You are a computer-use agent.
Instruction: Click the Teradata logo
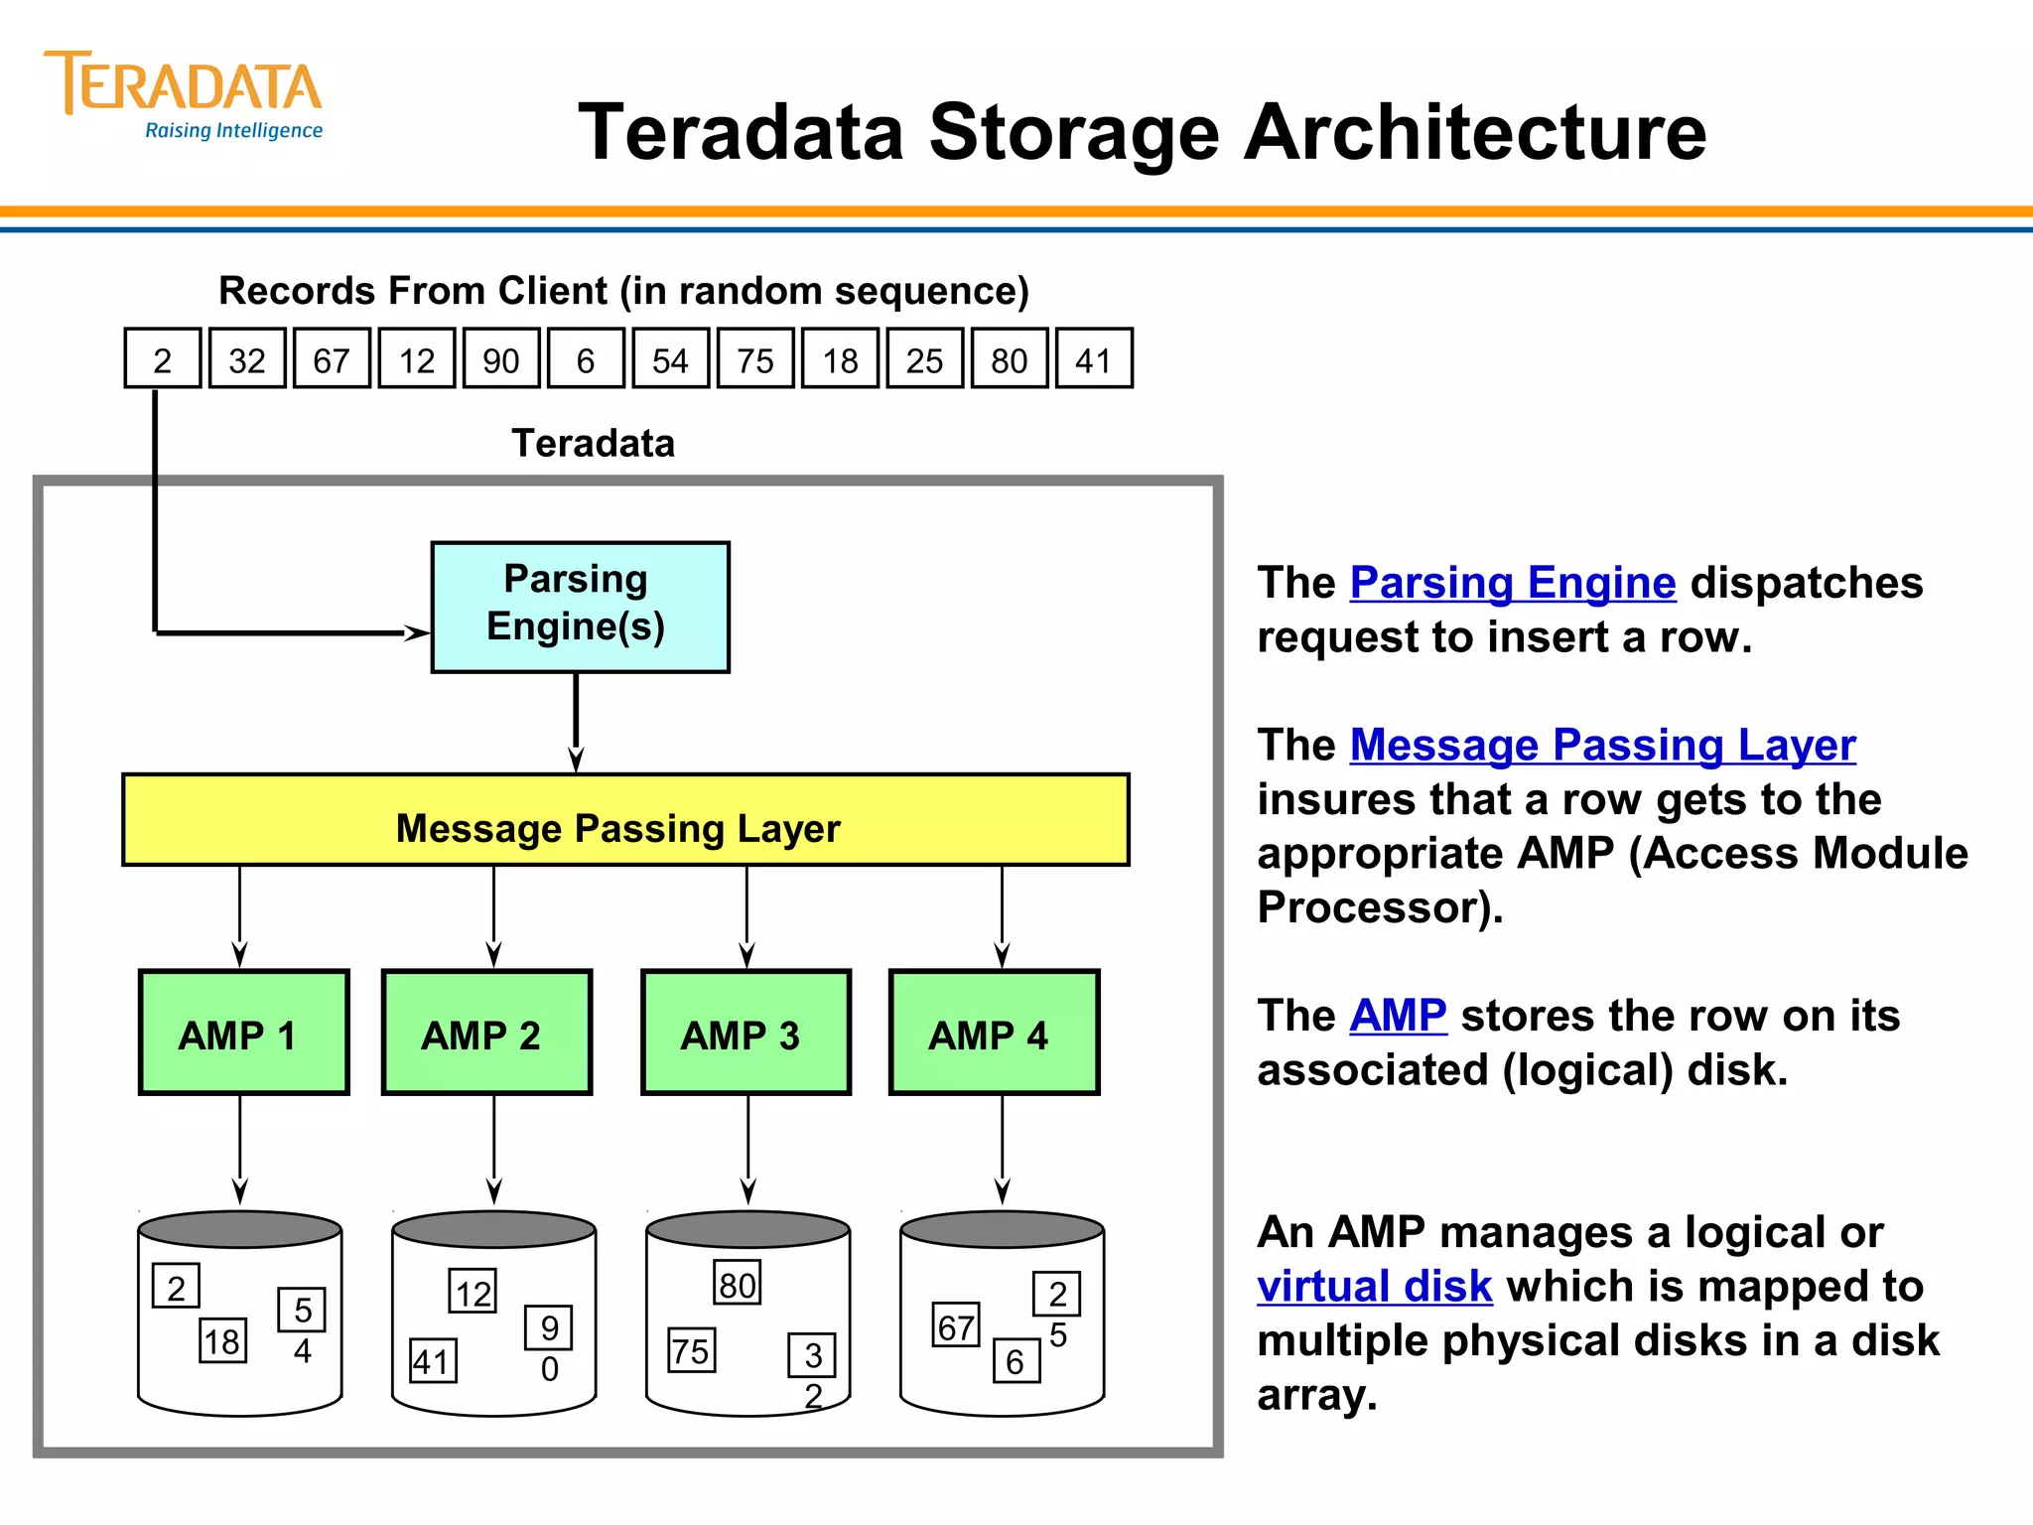tap(184, 94)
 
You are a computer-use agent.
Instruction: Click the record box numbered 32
tap(247, 359)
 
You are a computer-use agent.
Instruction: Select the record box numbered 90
tap(501, 359)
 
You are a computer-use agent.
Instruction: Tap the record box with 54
tap(670, 359)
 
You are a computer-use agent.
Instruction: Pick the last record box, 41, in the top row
tap(1093, 359)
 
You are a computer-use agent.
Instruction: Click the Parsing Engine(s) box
tap(580, 607)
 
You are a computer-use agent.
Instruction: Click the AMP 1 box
tap(244, 1033)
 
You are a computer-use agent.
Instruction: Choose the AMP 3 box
tap(745, 1033)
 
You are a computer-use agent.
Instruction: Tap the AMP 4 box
tap(994, 1033)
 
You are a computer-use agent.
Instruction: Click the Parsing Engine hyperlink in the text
tap(1512, 583)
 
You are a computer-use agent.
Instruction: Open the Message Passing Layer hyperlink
tap(1602, 745)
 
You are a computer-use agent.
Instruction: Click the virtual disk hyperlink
tap(1374, 1287)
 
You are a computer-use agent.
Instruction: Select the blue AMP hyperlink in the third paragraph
tap(1398, 1016)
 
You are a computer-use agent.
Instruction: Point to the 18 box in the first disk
tap(222, 1341)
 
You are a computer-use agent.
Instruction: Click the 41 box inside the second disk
tap(433, 1361)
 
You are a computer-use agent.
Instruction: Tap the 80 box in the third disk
tap(737, 1284)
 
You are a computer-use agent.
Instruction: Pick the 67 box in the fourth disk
tap(955, 1326)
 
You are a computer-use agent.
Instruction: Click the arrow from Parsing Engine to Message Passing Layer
tap(576, 723)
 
